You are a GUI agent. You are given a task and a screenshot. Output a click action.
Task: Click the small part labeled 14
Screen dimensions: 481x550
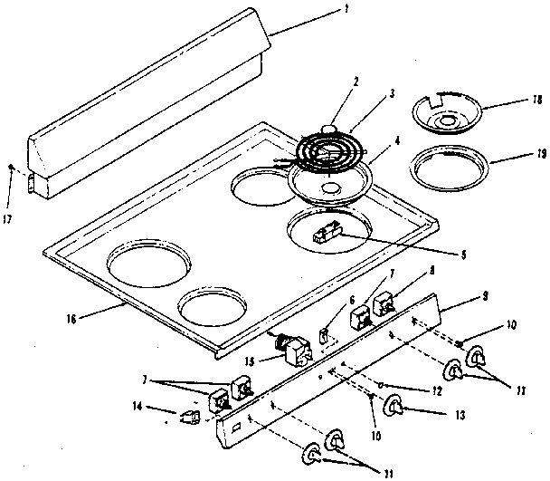tap(189, 416)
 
